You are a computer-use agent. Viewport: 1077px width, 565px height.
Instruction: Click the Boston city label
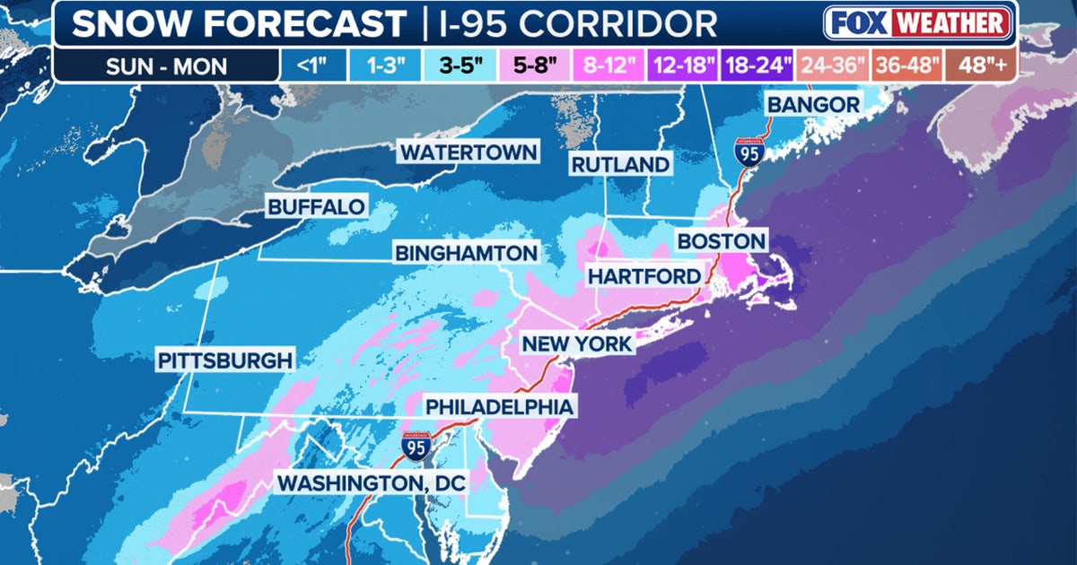point(722,240)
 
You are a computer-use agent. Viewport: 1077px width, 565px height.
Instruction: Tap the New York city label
point(577,343)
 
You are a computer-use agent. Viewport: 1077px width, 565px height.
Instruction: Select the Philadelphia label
point(498,406)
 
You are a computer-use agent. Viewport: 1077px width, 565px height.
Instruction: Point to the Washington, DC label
point(372,482)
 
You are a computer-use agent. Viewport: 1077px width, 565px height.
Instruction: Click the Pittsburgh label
point(225,361)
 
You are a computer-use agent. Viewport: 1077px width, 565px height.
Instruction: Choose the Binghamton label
point(466,253)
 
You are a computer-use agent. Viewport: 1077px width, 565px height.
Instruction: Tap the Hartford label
point(643,276)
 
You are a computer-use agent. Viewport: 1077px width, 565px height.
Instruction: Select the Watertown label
point(468,152)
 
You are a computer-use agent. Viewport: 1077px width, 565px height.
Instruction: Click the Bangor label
point(812,105)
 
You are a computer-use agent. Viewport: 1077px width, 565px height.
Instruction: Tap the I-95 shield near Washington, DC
point(414,448)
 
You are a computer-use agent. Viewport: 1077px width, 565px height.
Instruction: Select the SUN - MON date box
point(167,65)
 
